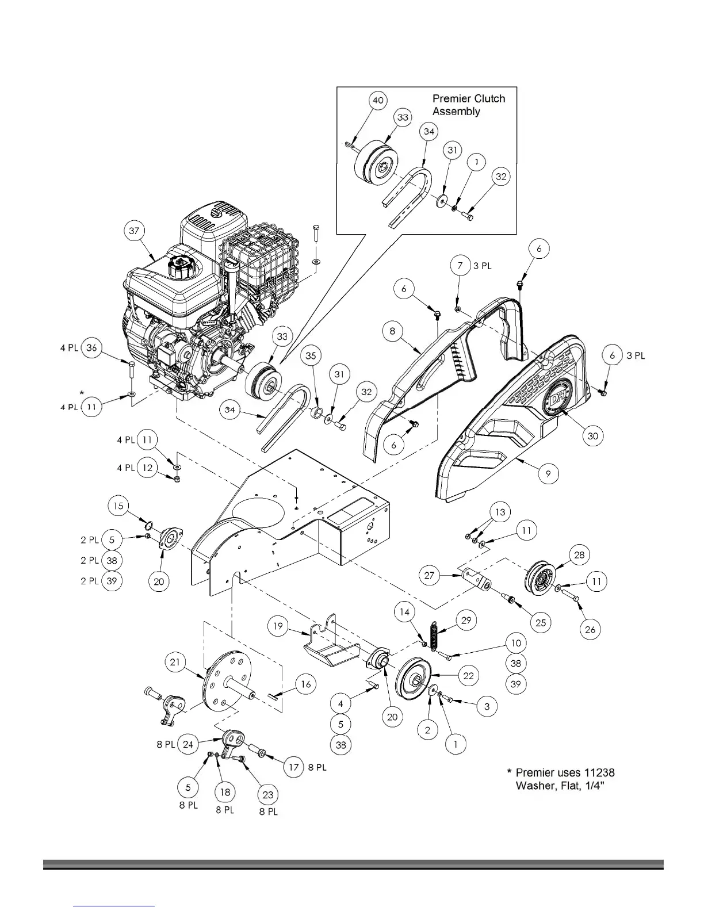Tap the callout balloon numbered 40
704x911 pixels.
(378, 100)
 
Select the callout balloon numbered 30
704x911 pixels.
(592, 436)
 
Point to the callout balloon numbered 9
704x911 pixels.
(548, 473)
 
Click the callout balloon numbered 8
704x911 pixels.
(392, 331)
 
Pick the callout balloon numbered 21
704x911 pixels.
(175, 662)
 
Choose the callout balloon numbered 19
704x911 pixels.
(278, 626)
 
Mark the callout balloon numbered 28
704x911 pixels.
(579, 554)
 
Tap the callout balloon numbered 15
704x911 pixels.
(118, 506)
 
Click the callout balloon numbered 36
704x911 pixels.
(91, 348)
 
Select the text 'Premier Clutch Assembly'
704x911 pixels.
(468, 105)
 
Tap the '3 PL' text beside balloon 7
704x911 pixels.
(483, 266)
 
